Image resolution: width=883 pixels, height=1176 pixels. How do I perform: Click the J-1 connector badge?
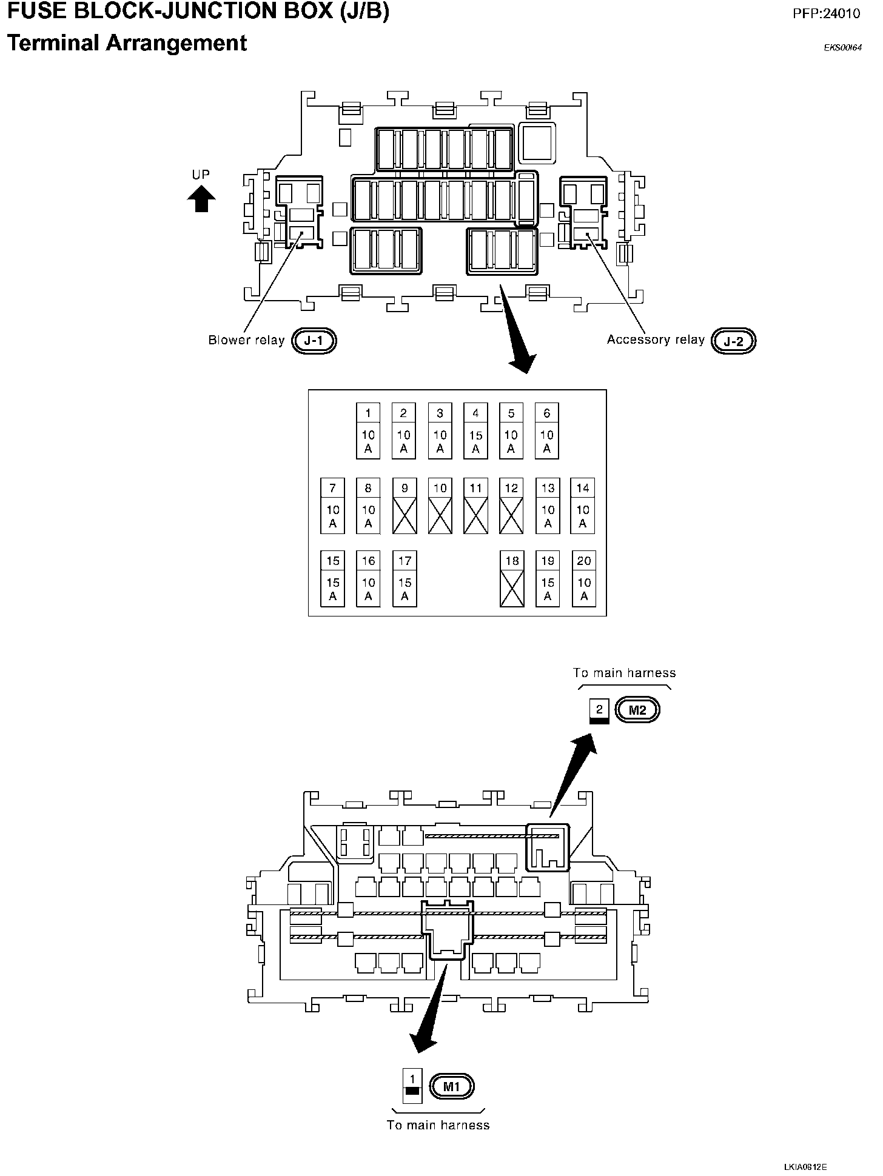point(314,341)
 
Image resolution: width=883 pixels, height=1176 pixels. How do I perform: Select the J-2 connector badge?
point(733,341)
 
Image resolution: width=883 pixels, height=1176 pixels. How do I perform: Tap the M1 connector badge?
point(451,1086)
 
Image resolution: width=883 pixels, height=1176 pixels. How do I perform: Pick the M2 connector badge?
point(637,710)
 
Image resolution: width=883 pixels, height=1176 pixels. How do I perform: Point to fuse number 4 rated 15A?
point(475,430)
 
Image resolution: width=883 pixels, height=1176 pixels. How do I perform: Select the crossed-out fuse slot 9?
point(405,506)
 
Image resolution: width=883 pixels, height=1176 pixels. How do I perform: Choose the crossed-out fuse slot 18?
point(512,578)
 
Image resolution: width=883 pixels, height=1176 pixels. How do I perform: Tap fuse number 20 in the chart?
point(583,578)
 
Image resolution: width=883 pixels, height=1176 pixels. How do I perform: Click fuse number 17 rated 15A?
point(405,578)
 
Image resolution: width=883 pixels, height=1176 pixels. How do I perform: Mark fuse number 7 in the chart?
point(332,506)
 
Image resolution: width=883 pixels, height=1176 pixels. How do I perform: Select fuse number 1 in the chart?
point(368,430)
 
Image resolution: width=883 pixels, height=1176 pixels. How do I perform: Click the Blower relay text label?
point(246,340)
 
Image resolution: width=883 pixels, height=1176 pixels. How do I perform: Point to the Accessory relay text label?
point(656,339)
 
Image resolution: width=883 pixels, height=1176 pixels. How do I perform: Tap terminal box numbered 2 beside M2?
point(599,710)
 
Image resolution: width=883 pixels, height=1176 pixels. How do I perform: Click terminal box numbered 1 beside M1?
point(412,1086)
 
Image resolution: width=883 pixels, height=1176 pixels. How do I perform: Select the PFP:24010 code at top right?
point(826,13)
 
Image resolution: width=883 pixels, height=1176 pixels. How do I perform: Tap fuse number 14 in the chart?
point(583,506)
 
